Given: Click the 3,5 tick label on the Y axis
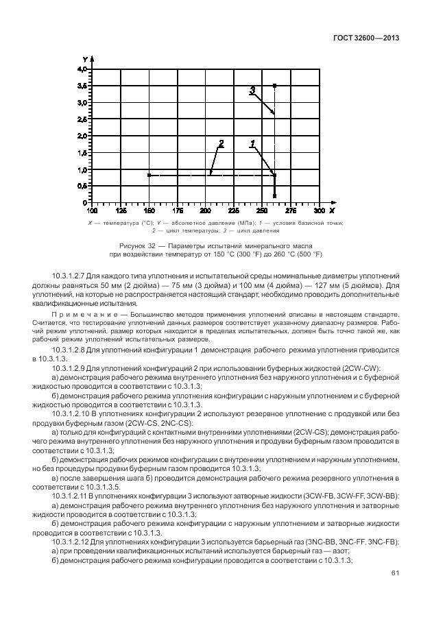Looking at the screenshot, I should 82,86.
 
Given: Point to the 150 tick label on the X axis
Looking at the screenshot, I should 148,210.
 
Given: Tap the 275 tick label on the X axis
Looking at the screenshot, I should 291,210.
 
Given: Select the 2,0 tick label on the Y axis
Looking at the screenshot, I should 82,136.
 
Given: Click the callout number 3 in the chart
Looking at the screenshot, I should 252,90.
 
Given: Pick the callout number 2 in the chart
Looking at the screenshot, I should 221,144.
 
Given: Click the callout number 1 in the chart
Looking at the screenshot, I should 253,144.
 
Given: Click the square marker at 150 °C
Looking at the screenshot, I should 149,176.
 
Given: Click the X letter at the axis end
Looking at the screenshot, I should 332,210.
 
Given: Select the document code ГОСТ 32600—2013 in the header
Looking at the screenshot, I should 360,38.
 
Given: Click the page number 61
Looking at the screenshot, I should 394,572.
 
